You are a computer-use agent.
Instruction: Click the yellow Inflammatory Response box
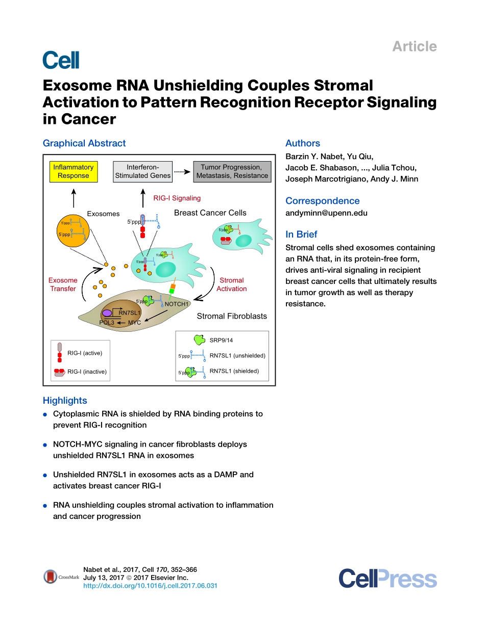pos(73,172)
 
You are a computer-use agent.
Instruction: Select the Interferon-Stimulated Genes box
pos(142,172)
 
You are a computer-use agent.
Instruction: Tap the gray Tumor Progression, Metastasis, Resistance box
pos(231,172)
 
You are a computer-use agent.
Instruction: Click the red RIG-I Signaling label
pos(177,198)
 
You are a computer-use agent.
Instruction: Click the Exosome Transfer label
pos(63,284)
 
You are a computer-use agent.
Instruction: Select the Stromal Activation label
pos(231,284)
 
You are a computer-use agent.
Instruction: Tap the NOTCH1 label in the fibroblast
pos(177,304)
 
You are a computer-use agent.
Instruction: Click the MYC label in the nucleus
pos(134,323)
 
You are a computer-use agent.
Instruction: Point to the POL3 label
pos(107,323)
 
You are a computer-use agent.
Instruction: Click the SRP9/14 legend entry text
pos(221,340)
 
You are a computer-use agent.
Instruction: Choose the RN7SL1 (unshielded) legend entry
pos(237,356)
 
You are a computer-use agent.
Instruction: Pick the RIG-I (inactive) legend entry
pos(87,372)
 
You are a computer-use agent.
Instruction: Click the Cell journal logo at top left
pos(61,60)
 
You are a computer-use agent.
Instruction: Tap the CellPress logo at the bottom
pos(387,580)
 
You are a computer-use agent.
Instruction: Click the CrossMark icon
pos(50,577)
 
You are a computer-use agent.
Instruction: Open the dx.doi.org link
pos(150,586)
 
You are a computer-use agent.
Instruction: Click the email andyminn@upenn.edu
pos(326,213)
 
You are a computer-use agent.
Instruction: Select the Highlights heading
pos(65,401)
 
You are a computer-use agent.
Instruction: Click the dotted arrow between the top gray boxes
pos(181,172)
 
